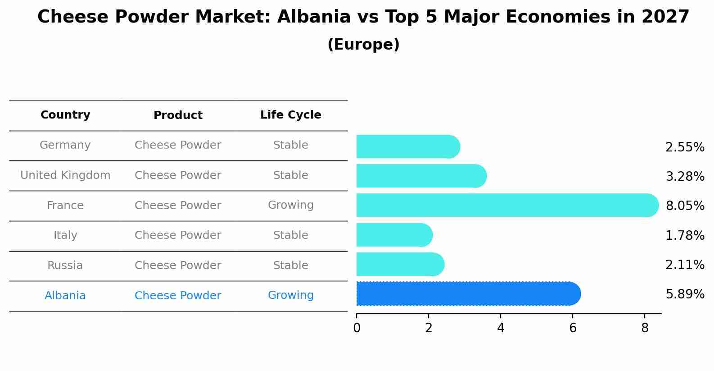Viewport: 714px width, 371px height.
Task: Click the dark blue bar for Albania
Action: (x=469, y=294)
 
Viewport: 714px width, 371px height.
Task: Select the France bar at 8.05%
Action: (x=507, y=205)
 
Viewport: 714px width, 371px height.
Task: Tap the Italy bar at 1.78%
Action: (x=395, y=235)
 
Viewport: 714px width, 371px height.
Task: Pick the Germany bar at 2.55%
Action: (x=408, y=147)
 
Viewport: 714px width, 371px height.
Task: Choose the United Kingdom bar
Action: (x=422, y=176)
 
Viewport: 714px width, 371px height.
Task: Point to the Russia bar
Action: (x=400, y=264)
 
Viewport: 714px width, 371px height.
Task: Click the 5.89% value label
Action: (x=685, y=294)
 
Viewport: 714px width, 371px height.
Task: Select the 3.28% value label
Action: (x=685, y=176)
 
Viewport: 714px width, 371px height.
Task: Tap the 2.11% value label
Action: (x=685, y=265)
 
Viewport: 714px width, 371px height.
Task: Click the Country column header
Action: (x=65, y=115)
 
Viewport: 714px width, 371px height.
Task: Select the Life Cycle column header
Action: (x=291, y=115)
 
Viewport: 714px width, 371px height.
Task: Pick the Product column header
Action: (x=178, y=115)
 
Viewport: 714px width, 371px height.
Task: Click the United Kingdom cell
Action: (x=65, y=175)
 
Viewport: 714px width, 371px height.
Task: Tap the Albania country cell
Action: (x=65, y=295)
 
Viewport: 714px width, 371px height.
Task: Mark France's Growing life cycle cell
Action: (x=291, y=205)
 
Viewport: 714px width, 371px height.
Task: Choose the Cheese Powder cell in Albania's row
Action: (x=178, y=295)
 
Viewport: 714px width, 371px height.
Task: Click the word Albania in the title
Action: (x=314, y=17)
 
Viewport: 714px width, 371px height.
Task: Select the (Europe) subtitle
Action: (x=363, y=44)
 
